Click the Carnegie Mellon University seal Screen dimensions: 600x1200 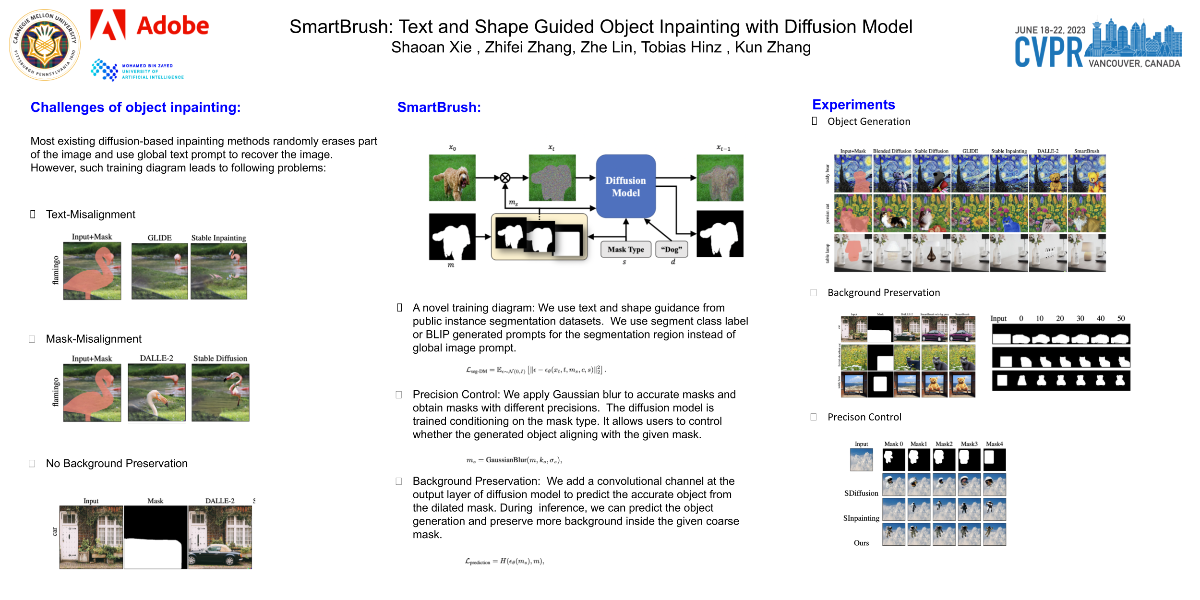(x=45, y=45)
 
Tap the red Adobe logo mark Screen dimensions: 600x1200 (x=108, y=24)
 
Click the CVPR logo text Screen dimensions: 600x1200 (x=1048, y=52)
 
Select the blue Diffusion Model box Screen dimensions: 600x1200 (x=625, y=186)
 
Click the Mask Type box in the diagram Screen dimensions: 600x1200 (x=625, y=250)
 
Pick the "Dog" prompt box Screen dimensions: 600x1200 (x=671, y=250)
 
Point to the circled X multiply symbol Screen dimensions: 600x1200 (x=505, y=178)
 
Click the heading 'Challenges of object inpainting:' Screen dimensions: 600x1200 (x=135, y=107)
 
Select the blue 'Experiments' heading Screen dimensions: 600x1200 (x=853, y=105)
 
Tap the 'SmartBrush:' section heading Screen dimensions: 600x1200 (x=439, y=107)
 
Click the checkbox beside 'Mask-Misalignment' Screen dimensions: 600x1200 (x=32, y=339)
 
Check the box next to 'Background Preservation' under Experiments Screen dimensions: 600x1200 (x=814, y=292)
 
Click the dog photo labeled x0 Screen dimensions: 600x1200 (x=452, y=178)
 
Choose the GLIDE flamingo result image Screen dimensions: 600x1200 (x=159, y=271)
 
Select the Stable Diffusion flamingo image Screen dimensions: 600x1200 (x=220, y=393)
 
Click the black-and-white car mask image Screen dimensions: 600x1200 (x=156, y=537)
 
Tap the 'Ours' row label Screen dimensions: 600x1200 (x=861, y=543)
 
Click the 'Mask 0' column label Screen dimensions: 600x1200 (x=893, y=444)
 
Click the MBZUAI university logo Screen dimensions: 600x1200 (x=137, y=71)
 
